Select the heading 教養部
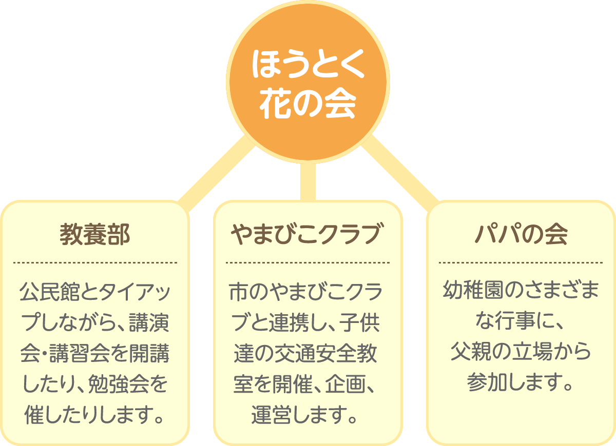[95, 235]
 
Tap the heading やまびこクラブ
[307, 235]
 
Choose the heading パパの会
[521, 235]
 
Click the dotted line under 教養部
[95, 262]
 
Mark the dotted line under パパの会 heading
[521, 262]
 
